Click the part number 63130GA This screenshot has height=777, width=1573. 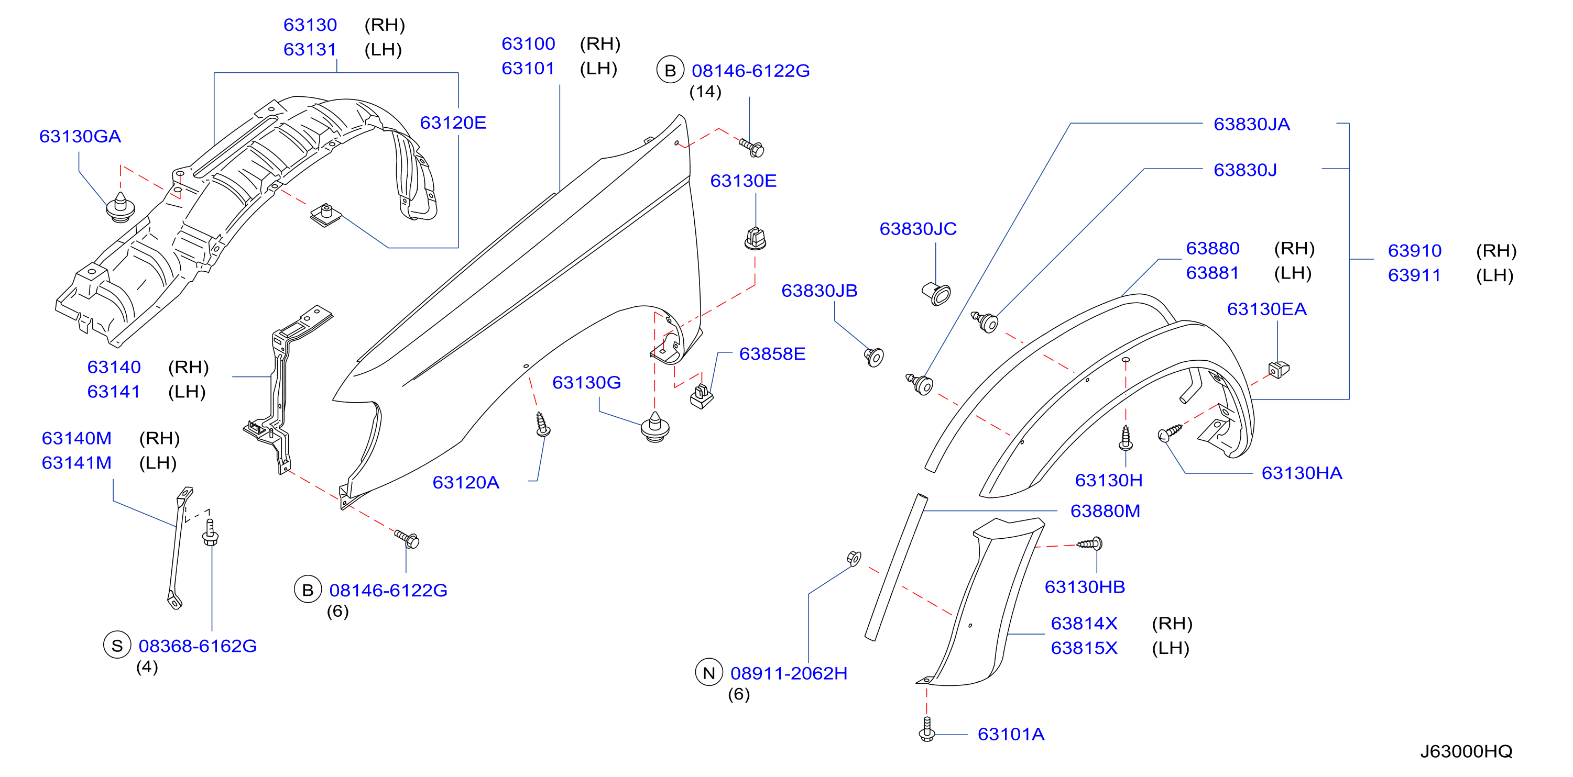(80, 136)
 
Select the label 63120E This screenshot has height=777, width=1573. (453, 123)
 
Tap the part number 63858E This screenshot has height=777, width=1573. (772, 354)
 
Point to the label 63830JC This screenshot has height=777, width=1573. (918, 229)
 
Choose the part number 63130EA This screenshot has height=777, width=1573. (1266, 309)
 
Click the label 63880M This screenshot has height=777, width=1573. (1105, 511)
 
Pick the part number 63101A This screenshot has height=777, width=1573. (1011, 734)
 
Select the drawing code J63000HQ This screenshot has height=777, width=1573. (1466, 751)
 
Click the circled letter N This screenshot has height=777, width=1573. (709, 673)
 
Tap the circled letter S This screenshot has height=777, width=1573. (117, 645)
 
